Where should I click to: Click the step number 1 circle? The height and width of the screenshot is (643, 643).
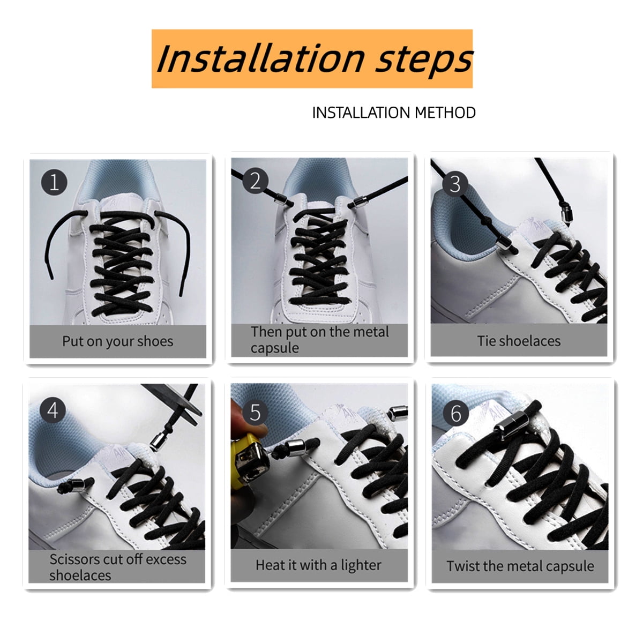coord(54,183)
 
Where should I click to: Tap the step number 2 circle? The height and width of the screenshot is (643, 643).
coord(255,181)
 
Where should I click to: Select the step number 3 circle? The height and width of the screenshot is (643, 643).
coord(455,184)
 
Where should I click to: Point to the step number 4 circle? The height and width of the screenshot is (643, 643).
coord(53,410)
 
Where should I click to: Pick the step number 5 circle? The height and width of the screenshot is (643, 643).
coord(255,413)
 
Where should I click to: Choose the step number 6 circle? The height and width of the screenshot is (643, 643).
coord(456,414)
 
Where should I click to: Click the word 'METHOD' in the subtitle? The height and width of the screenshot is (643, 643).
coord(445,113)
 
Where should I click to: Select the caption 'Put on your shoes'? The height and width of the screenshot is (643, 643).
coord(117,341)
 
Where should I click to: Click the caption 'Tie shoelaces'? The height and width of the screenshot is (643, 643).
coord(519,341)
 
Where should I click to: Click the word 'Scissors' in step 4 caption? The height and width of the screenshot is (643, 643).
coord(74,559)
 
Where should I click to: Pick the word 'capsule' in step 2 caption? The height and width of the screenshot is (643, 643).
coord(275,348)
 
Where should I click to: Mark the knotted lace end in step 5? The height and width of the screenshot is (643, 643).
coord(280,452)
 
